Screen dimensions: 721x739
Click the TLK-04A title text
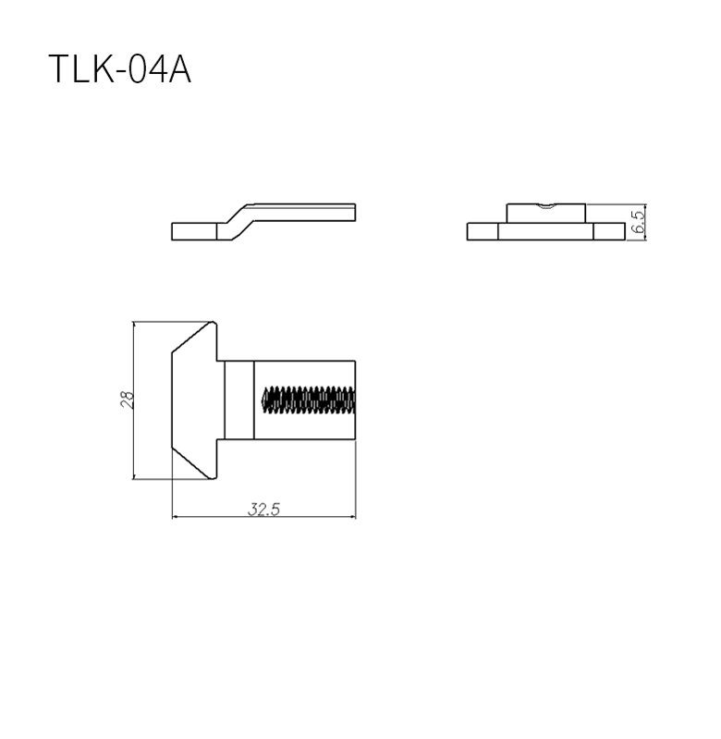[x=119, y=68]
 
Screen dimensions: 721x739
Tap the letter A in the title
[x=179, y=68]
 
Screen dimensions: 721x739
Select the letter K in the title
[x=102, y=68]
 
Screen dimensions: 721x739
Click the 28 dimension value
[x=128, y=400]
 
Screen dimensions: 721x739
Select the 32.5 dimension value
[x=263, y=509]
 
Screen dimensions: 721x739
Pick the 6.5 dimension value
[x=639, y=222]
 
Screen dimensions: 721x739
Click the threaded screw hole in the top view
[x=308, y=400]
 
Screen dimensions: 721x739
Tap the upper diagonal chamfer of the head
[x=192, y=337]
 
